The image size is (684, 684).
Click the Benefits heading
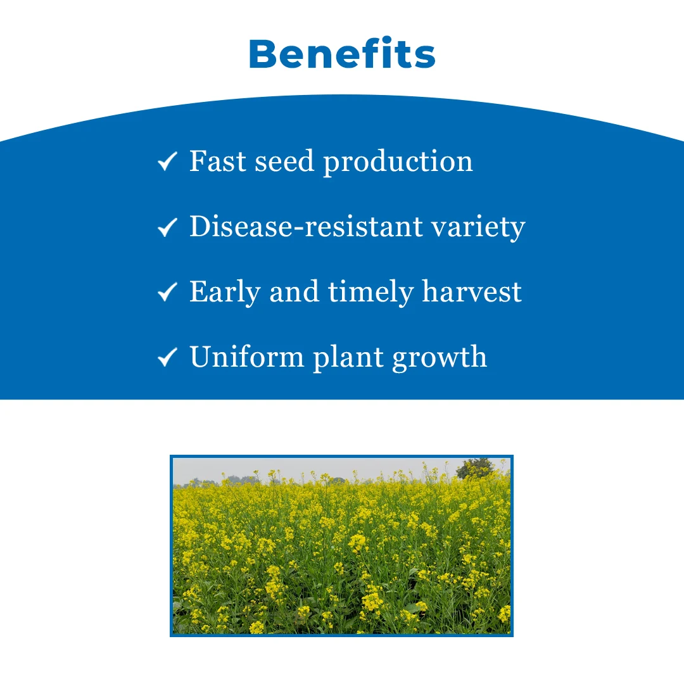click(342, 54)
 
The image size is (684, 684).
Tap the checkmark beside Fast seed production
click(167, 161)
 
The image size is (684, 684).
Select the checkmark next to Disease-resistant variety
click(167, 227)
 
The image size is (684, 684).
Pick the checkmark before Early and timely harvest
click(167, 292)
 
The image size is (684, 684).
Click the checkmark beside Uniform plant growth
click(167, 357)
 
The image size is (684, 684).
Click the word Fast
click(218, 161)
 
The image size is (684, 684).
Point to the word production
click(398, 163)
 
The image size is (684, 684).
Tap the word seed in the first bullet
click(284, 161)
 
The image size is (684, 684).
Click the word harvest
click(472, 291)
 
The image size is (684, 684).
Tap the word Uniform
click(247, 357)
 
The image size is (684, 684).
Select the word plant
click(348, 358)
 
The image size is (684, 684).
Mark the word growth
click(440, 358)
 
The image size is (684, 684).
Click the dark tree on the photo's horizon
click(475, 468)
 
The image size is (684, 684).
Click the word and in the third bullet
click(294, 291)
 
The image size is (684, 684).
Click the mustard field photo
click(341, 546)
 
